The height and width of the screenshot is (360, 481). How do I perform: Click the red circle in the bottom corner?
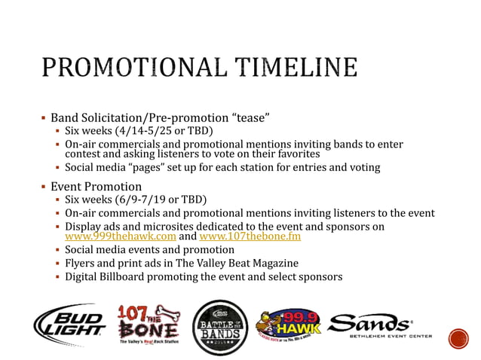458,338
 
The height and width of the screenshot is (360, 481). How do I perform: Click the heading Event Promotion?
96,186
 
